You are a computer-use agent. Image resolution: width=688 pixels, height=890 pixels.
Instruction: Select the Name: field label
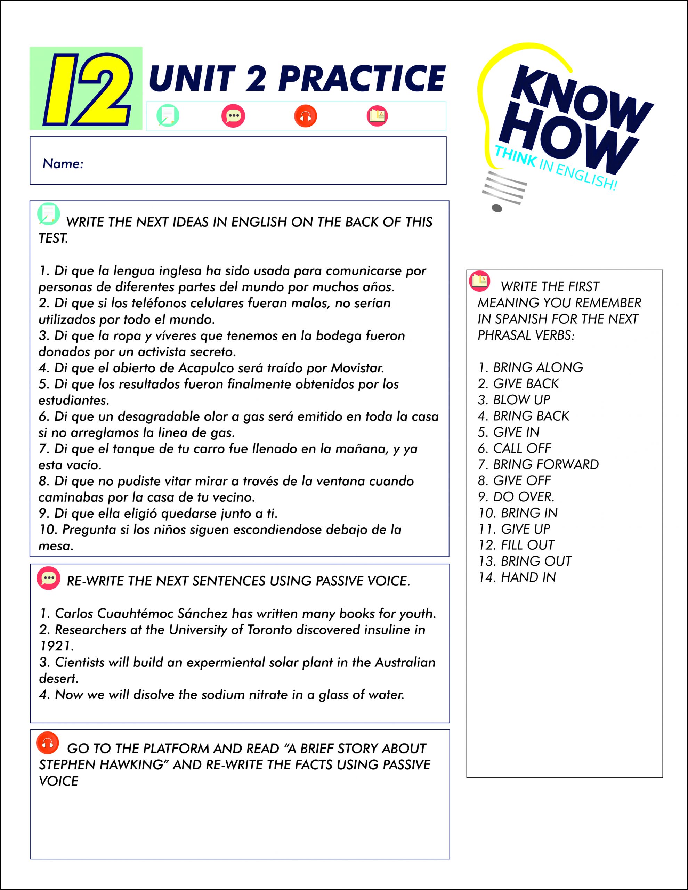[x=63, y=164]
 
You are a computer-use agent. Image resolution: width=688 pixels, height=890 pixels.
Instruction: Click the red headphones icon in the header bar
[x=305, y=116]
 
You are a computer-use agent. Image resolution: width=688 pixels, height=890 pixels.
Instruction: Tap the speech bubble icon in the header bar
[x=233, y=116]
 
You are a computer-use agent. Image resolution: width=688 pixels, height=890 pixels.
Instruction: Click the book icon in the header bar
[x=377, y=116]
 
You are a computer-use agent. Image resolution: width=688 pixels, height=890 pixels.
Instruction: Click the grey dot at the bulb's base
[x=497, y=209]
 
